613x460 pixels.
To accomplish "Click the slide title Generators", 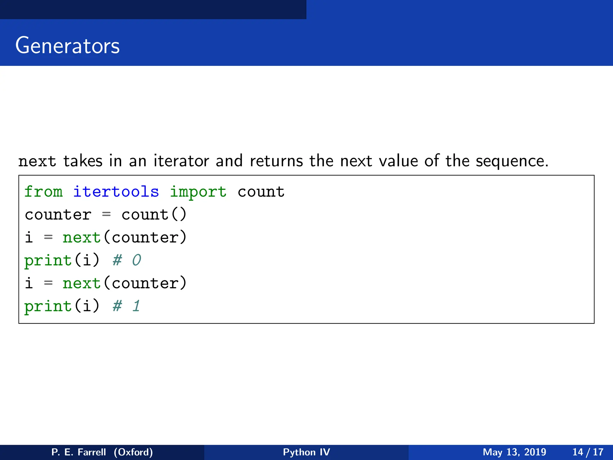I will coord(67,46).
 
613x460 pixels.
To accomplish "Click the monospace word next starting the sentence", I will coord(37,161).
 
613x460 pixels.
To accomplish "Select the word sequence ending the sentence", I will coord(512,162).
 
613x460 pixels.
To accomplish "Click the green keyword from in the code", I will coord(43,192).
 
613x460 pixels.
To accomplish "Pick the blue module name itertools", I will coord(116,192).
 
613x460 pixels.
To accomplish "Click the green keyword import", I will coord(198,192).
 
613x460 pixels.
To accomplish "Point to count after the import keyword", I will coord(261,192).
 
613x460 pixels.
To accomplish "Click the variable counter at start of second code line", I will coord(58,215).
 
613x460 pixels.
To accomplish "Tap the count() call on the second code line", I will coord(154,215).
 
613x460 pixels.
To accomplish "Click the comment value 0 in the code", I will coord(136,260).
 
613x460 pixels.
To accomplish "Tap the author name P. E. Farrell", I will coord(79,452).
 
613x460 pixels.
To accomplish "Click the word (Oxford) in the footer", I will coord(133,452).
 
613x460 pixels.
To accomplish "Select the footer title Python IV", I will coord(306,452).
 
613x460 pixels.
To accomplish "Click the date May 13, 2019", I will coord(514,452).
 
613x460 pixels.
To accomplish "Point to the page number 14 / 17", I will coord(588,452).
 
